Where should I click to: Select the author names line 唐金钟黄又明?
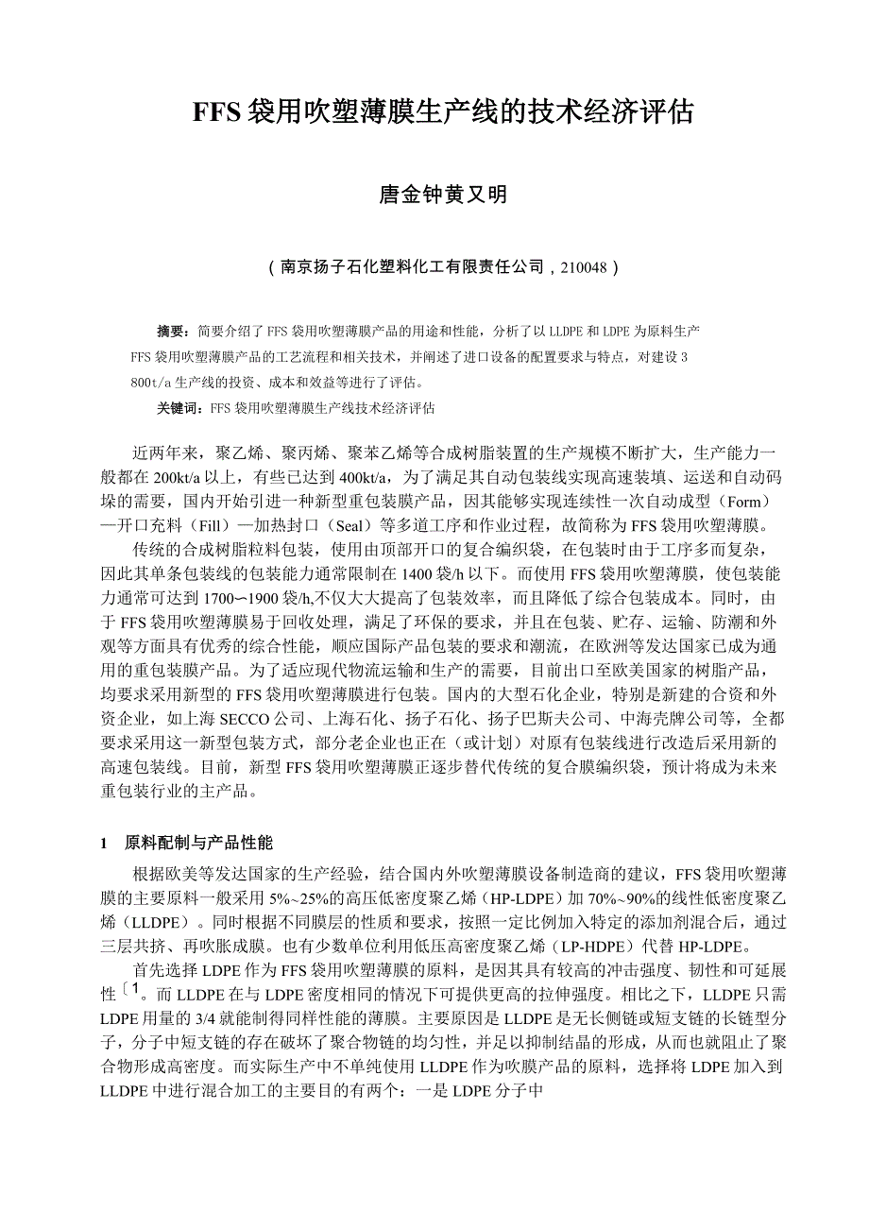[443, 196]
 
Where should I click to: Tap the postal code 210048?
[584, 267]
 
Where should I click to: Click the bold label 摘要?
[172, 332]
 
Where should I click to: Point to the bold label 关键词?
[179, 409]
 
